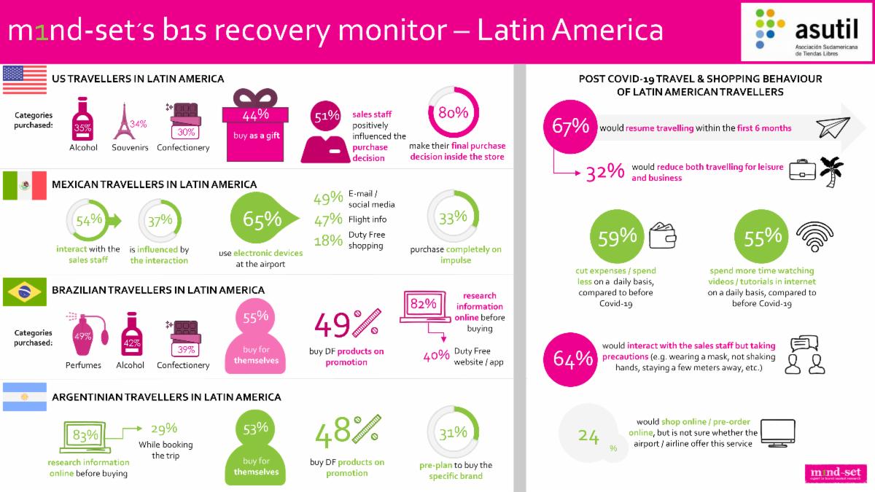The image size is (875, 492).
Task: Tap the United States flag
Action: click(x=25, y=79)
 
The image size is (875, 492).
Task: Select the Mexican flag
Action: click(x=25, y=186)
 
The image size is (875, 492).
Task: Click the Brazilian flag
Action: click(x=25, y=292)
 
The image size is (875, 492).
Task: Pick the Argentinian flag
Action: click(x=25, y=397)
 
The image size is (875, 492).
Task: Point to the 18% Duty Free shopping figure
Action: click(x=327, y=240)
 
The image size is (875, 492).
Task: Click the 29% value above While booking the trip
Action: click(x=164, y=429)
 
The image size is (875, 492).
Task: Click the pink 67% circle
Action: click(x=570, y=126)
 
